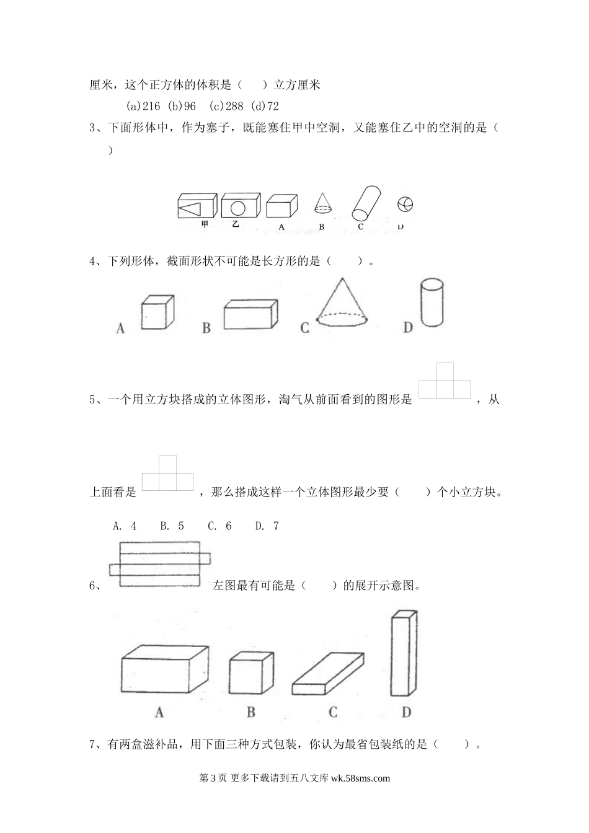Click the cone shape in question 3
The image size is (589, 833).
321,204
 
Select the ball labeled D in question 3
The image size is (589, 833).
405,204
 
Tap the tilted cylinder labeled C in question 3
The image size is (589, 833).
366,203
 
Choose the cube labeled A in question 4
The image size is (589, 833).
157,312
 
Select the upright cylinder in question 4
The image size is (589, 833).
432,302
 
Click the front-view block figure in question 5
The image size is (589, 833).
445,381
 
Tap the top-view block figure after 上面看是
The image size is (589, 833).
167,475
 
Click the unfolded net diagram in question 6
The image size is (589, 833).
160,564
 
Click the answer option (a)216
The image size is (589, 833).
143,106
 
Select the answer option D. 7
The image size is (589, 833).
267,526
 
